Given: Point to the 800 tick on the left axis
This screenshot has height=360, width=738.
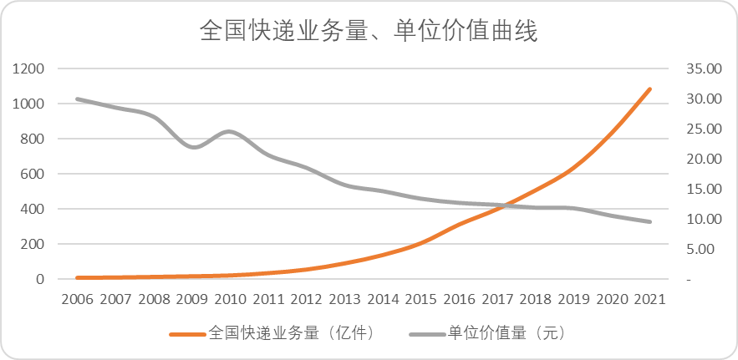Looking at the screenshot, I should pos(32,139).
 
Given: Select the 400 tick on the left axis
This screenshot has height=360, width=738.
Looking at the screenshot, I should pos(32,209).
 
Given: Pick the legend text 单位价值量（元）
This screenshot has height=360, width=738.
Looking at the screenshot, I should pos(507,332).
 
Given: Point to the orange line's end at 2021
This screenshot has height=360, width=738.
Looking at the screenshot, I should pos(649,89).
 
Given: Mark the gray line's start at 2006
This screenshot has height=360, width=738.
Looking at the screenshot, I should pos(77,99).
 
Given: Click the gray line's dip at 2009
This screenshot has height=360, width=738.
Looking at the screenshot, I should pos(193,147).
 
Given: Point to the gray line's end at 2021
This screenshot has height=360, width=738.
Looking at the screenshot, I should pos(649,221).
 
